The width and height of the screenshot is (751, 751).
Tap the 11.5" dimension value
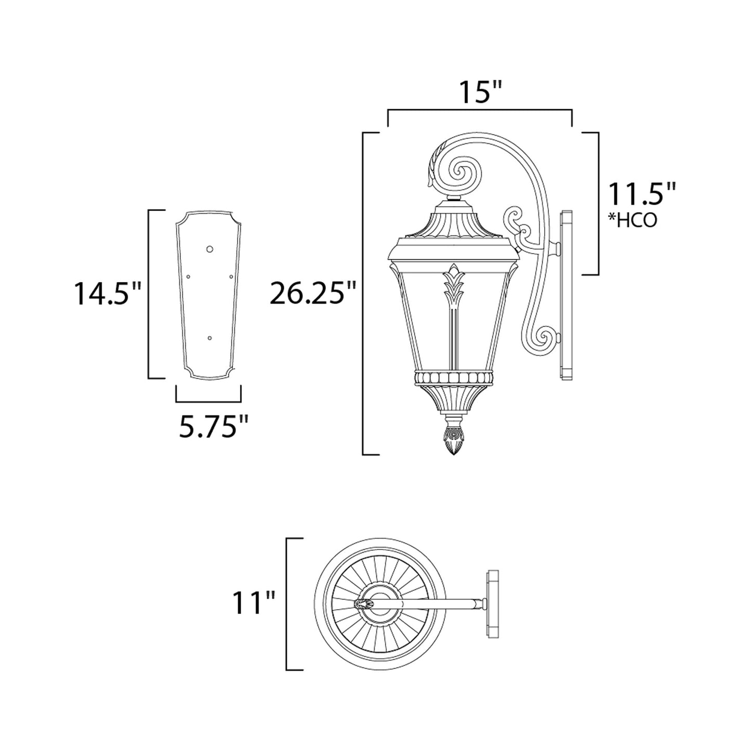(x=641, y=195)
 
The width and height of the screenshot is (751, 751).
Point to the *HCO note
(x=633, y=220)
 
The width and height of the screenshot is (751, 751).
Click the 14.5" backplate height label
(x=107, y=294)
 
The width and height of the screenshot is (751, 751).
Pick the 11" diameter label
(x=254, y=603)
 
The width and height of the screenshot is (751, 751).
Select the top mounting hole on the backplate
(x=210, y=249)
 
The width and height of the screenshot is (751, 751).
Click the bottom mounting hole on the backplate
(x=209, y=338)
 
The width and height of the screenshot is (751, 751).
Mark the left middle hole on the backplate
(x=189, y=276)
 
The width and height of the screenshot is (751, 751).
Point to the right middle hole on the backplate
(x=231, y=276)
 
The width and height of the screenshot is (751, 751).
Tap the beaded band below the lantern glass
(x=453, y=377)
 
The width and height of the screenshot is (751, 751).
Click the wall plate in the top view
(x=492, y=603)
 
